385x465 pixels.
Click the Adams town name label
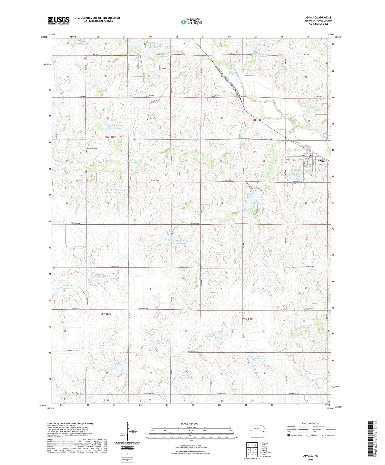(x=322, y=161)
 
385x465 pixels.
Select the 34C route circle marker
(x=309, y=147)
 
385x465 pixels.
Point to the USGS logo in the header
(x=59, y=21)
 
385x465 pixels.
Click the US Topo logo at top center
(x=191, y=22)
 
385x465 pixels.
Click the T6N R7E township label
(x=111, y=137)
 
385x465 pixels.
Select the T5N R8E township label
(x=247, y=319)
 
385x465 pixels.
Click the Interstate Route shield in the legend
(x=289, y=435)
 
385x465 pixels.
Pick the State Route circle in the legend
(x=324, y=435)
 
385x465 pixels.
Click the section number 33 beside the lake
(x=263, y=204)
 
